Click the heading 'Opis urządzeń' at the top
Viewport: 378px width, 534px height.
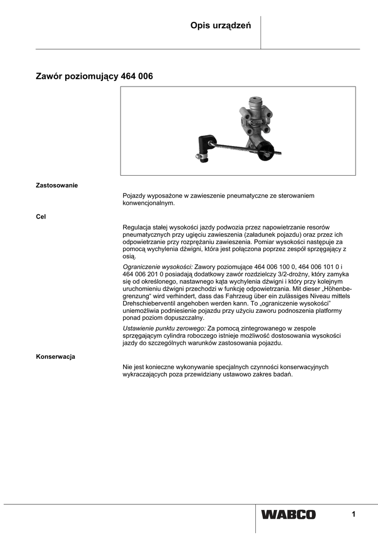pyautogui.click(x=221, y=26)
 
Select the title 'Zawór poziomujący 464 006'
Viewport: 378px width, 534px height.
pyautogui.click(x=94, y=76)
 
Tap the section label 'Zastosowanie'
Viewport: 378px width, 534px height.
pyautogui.click(x=56, y=185)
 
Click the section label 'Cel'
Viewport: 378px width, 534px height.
pyautogui.click(x=41, y=216)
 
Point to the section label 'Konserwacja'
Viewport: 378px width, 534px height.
pyautogui.click(x=55, y=357)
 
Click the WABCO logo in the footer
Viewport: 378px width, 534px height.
pyautogui.click(x=289, y=515)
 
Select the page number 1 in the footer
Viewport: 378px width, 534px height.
pyautogui.click(x=353, y=515)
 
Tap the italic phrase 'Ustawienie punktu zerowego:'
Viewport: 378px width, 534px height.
pyautogui.click(x=164, y=328)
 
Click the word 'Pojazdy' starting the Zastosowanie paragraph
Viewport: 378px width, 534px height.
pyautogui.click(x=134, y=196)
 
